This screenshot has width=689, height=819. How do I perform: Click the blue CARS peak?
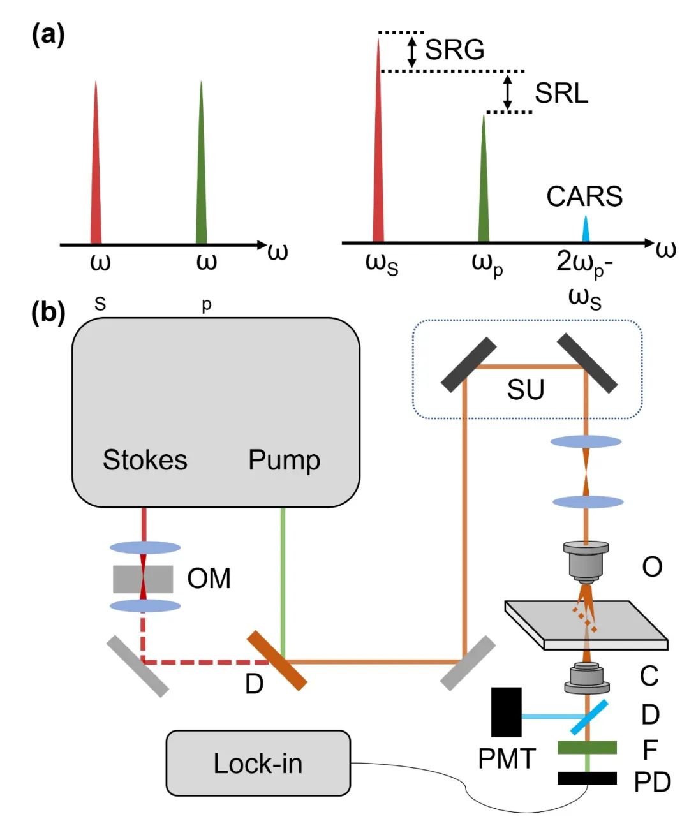585,231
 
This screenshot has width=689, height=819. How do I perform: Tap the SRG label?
454,49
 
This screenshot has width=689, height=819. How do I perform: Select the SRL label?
561,93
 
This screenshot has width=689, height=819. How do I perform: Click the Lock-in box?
258,763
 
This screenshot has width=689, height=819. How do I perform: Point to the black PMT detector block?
507,712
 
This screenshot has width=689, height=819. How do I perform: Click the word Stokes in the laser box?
145,460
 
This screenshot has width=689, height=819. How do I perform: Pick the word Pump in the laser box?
284,460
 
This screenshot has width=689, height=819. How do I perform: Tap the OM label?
209,579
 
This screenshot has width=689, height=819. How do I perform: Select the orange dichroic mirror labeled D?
277,660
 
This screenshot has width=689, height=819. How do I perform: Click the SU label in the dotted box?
526,388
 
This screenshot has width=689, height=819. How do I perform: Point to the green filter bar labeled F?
587,747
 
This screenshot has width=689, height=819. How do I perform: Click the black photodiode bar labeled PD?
587,778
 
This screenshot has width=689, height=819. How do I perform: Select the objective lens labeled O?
586,561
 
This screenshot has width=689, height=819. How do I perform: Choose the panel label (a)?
48,36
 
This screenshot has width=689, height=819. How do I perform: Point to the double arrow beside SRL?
508,91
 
